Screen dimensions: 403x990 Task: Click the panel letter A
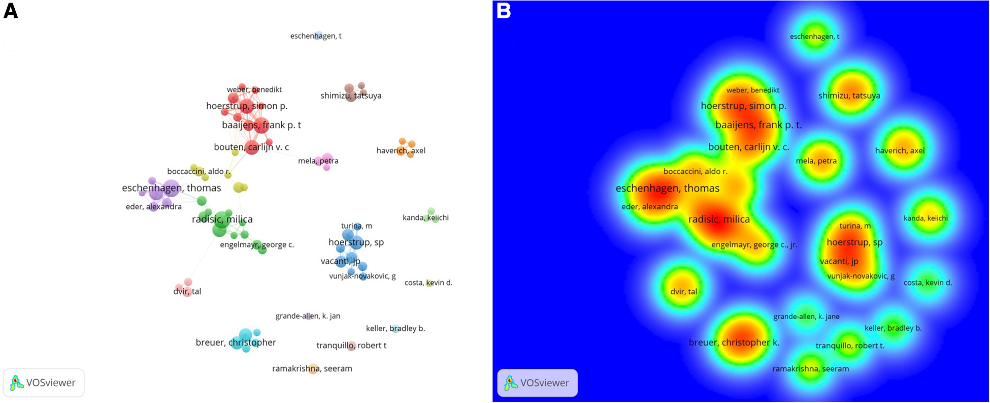[10, 11]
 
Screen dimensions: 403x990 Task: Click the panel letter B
[503, 11]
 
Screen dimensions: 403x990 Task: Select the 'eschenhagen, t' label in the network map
[315, 36]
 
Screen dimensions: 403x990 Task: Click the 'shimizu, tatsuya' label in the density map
[849, 96]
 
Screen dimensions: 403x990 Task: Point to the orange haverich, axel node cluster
[406, 147]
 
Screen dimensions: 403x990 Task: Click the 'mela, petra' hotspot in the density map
[816, 161]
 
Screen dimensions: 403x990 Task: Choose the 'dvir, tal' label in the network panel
[187, 292]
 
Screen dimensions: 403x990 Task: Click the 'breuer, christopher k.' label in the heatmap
[734, 343]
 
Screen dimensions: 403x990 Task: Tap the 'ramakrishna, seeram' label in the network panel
[312, 368]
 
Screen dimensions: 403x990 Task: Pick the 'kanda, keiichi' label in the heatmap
[926, 218]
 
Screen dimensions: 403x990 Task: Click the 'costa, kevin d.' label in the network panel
[428, 283]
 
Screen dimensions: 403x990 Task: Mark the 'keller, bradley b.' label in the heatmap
[893, 328]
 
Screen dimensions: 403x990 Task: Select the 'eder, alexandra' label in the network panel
[153, 207]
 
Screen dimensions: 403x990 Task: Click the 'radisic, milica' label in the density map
[718, 220]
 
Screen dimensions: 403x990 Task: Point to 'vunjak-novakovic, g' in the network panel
[362, 276]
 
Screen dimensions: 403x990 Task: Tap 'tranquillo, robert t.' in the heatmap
[850, 346]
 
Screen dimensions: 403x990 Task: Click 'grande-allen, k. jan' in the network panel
[308, 316]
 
